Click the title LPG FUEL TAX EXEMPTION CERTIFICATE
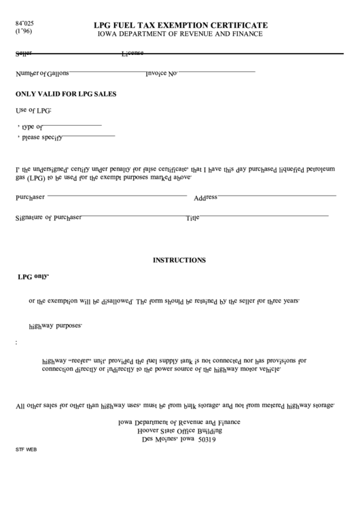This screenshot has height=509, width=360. coord(180,24)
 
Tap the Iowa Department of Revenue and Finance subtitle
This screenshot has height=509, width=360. coord(180,33)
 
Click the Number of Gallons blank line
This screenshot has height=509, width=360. coord(106,71)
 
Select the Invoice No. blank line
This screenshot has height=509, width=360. coord(216,71)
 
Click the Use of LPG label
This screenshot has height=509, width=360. coord(33,111)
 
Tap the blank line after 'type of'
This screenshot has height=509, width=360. coord(73,126)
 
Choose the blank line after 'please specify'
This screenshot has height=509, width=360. coord(89,137)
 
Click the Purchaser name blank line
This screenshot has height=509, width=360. coord(116,195)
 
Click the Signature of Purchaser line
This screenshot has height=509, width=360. coord(132,216)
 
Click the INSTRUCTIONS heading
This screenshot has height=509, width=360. coord(179,260)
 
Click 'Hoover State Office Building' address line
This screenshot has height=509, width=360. coord(179,430)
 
